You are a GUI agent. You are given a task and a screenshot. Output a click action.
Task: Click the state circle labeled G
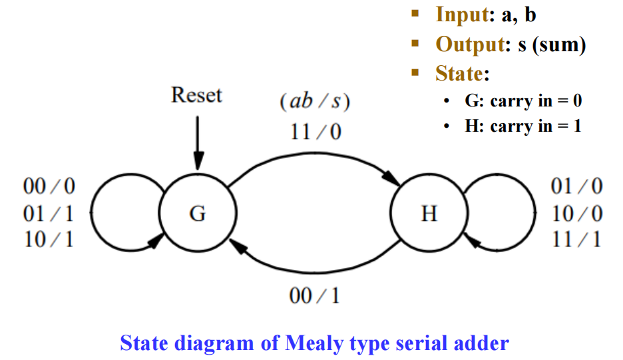[x=198, y=214]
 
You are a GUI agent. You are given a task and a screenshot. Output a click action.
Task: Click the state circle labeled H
[x=429, y=214]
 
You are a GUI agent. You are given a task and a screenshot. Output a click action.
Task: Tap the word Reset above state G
[x=196, y=94]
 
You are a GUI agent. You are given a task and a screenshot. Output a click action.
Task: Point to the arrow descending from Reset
[x=197, y=142]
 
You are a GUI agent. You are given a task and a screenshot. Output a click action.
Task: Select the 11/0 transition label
[x=315, y=132]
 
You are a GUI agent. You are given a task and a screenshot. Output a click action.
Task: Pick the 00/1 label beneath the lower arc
[x=314, y=295]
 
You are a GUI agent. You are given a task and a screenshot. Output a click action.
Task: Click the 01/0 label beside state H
[x=577, y=187]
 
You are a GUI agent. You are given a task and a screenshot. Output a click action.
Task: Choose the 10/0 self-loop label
[x=577, y=214]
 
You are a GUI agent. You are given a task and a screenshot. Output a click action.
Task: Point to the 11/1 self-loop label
[x=577, y=239]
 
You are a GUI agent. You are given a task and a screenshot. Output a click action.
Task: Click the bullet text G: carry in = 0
[x=523, y=101]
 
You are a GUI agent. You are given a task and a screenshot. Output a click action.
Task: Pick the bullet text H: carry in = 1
[x=523, y=126]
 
